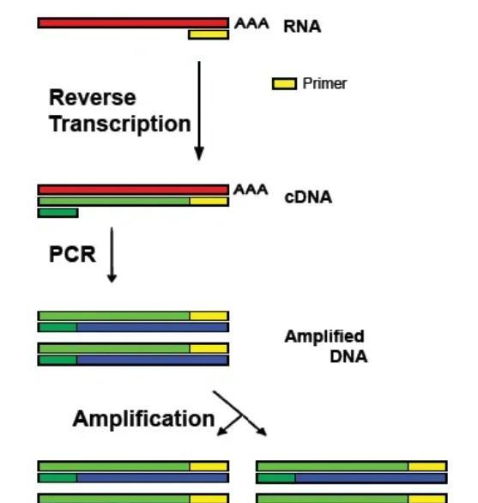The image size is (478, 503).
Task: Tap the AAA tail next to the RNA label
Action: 251,24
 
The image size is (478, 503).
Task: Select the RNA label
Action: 302,27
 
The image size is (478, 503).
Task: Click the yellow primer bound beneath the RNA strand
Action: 209,34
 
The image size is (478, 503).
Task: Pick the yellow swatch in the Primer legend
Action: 284,84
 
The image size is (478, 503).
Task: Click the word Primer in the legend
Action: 324,84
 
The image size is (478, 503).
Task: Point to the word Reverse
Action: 92,98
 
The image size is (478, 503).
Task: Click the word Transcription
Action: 119,124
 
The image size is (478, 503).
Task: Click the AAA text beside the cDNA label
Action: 251,190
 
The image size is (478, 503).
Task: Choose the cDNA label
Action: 307,197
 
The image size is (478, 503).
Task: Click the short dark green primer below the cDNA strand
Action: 57,213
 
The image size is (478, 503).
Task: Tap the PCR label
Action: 72,255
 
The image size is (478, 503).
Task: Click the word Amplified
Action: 324,336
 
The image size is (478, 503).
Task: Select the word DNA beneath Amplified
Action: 348,356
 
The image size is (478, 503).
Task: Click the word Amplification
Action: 143,419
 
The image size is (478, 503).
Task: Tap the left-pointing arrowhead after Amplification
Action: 223,430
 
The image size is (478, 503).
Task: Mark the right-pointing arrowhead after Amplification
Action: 262,431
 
